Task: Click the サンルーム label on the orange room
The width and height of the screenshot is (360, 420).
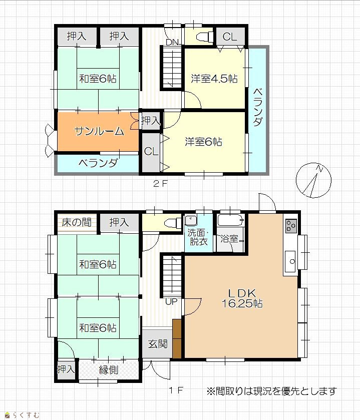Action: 99,131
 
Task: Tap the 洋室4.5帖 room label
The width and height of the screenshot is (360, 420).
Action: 214,79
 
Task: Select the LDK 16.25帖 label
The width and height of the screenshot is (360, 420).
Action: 242,298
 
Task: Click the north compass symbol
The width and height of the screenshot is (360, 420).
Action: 313,180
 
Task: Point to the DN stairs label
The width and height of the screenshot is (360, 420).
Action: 172,43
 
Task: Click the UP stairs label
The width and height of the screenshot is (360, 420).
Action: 171,301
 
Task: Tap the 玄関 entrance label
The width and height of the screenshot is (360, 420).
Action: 158,344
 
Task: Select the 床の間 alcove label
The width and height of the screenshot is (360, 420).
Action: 76,222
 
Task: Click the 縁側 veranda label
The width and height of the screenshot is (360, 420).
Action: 109,370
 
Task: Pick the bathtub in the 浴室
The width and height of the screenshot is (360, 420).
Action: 231,220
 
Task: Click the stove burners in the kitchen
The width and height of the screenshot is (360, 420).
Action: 291,226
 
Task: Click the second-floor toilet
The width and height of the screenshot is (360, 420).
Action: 204,36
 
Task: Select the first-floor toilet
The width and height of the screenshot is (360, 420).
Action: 173,223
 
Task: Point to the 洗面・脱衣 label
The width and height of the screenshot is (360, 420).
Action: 198,237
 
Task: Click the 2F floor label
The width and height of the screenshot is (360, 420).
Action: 160,184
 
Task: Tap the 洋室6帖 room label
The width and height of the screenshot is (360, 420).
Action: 203,142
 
